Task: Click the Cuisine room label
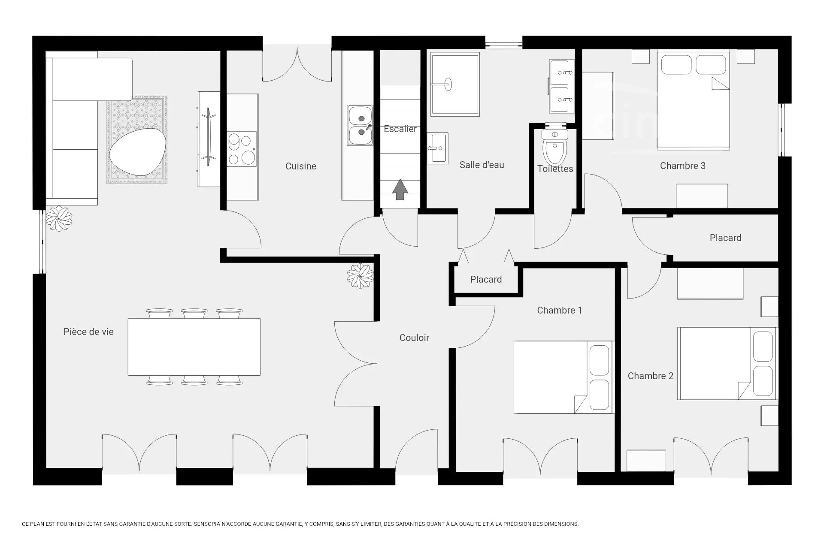[301, 166]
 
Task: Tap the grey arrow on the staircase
[400, 189]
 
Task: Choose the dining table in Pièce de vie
[194, 347]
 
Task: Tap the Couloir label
[414, 338]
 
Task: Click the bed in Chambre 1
[564, 377]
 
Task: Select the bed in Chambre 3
[693, 100]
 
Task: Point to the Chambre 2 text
[651, 376]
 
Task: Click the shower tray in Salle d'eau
[455, 84]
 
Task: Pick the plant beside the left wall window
[59, 219]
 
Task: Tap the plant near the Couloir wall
[360, 276]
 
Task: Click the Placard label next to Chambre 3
[725, 238]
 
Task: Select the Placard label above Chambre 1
[486, 280]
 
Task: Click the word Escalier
[400, 129]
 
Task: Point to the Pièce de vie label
[88, 332]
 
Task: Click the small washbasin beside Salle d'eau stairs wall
[438, 148]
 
